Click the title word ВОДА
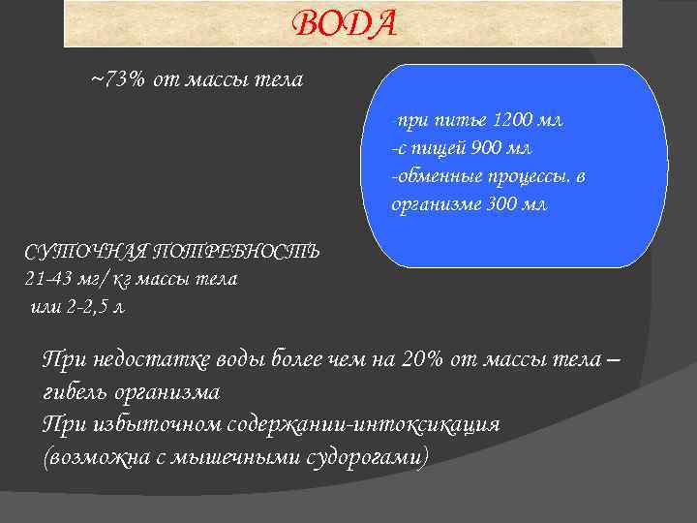click(x=344, y=23)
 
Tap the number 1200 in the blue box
click(x=513, y=121)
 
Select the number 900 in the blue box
click(x=490, y=148)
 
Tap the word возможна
click(x=94, y=456)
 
